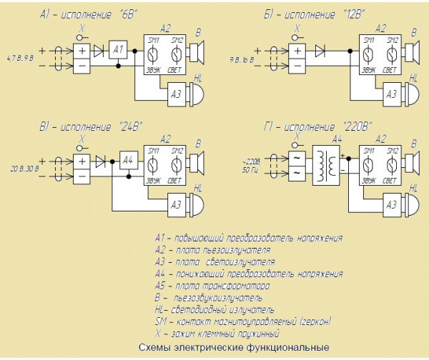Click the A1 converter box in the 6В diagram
pos(119,50)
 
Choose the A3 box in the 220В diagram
pos(391,204)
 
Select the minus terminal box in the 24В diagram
pos(81,176)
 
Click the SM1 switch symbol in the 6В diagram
pos(152,52)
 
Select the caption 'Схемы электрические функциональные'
pos(234,348)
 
